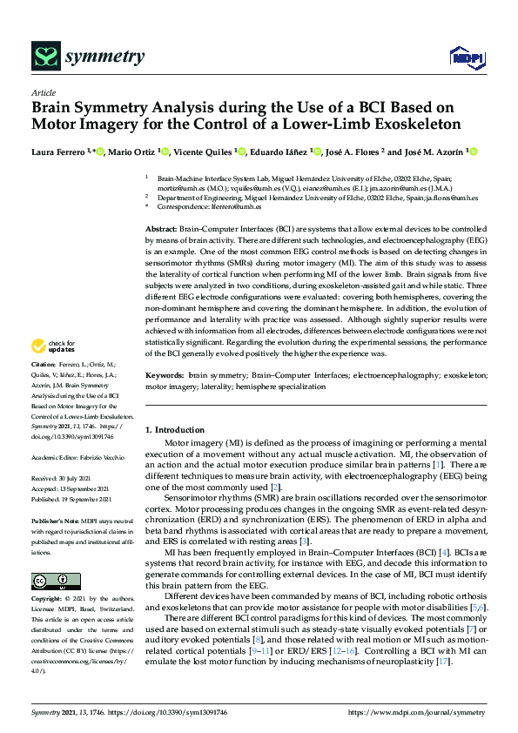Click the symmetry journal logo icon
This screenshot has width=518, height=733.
coord(44,57)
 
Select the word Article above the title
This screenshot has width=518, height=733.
coord(43,93)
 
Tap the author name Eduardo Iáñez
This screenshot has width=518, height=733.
coord(279,152)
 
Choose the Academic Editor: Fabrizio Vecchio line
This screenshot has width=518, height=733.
coord(81,456)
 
